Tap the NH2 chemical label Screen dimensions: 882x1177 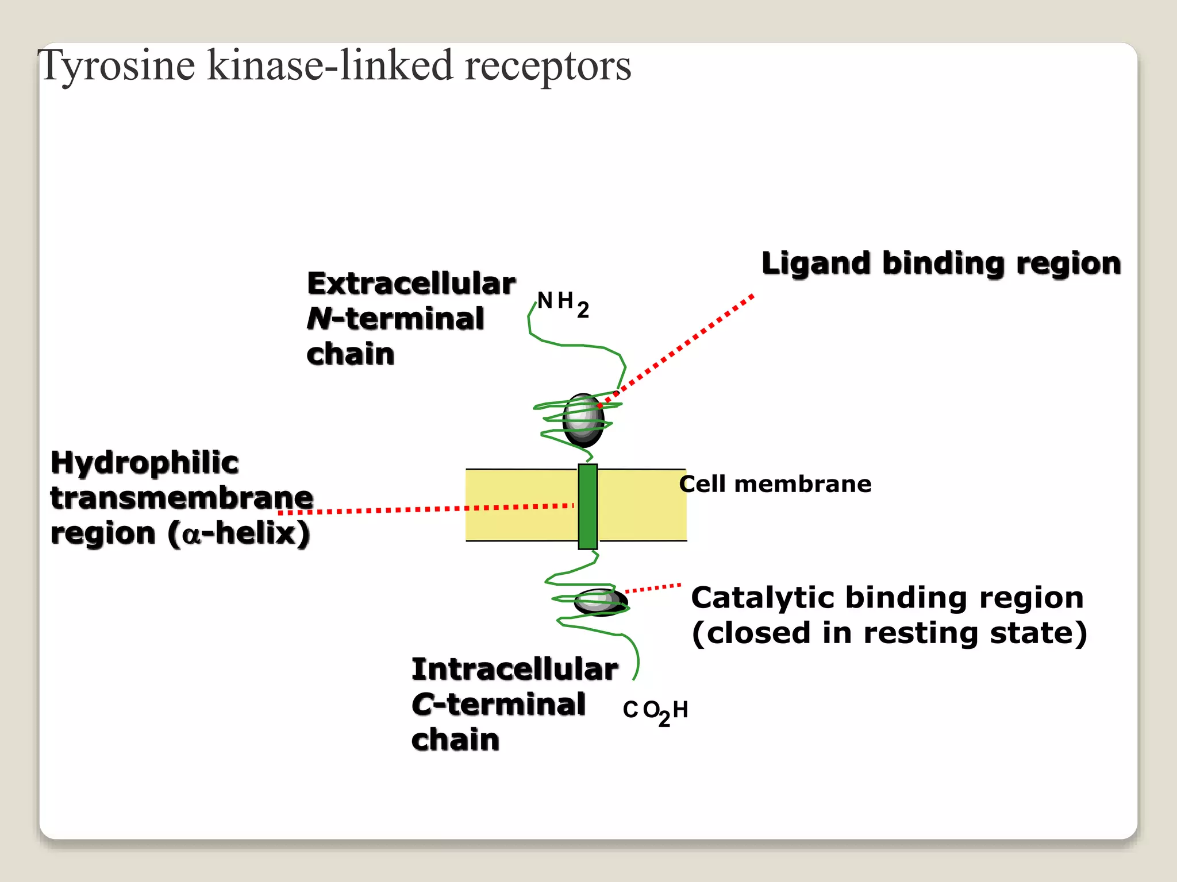pyautogui.click(x=563, y=303)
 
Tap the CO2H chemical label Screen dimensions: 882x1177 pyautogui.click(x=655, y=711)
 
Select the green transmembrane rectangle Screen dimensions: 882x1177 pyautogui.click(x=587, y=506)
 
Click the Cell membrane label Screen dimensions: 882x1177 pyautogui.click(x=775, y=484)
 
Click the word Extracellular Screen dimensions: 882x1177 pyautogui.click(x=411, y=284)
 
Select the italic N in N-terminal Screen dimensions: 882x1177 pyautogui.click(x=319, y=319)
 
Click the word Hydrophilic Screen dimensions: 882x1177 pyautogui.click(x=144, y=463)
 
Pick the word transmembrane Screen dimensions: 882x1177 pyautogui.click(x=182, y=498)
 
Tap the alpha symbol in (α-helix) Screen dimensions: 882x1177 pyautogui.click(x=191, y=535)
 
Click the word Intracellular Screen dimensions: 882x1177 pyautogui.click(x=514, y=670)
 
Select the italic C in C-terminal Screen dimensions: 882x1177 pyautogui.click(x=422, y=705)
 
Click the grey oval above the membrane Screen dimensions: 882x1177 pyautogui.click(x=583, y=420)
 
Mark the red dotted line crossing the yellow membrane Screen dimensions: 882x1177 pyautogui.click(x=517, y=508)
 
